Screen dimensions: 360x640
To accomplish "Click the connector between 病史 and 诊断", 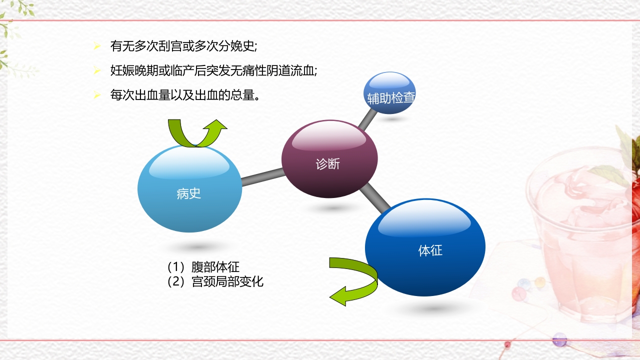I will click(262, 177).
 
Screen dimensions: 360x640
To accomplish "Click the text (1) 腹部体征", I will click(203, 266).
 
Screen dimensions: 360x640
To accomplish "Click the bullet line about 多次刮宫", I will click(183, 46).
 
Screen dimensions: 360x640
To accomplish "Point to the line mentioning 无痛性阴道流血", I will click(213, 70).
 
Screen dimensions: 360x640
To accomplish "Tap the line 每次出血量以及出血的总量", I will click(184, 94).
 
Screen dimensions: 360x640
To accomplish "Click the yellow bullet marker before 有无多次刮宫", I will click(97, 46).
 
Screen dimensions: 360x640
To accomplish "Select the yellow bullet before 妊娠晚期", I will click(97, 70).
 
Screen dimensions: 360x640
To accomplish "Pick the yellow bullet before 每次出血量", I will click(97, 94).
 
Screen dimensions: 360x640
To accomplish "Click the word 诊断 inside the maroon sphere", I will click(328, 163).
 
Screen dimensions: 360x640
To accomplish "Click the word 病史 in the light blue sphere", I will click(188, 193).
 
